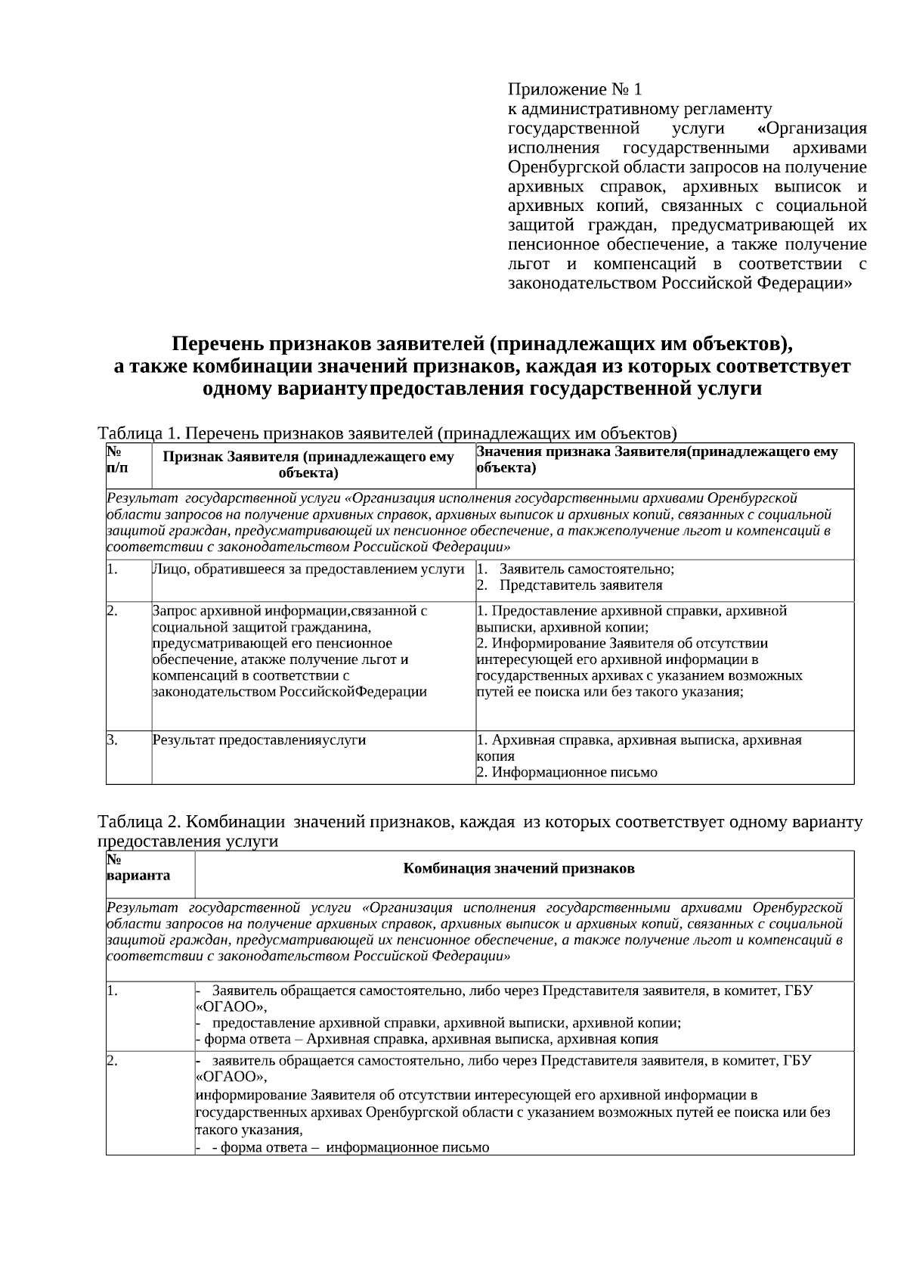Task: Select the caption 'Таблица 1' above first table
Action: pos(139,433)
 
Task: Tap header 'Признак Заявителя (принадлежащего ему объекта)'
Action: pos(308,465)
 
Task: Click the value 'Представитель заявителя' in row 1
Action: pos(580,585)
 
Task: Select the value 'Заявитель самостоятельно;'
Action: pos(587,569)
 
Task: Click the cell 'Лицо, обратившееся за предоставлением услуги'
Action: pos(308,569)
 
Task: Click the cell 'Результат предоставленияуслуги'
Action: pos(259,740)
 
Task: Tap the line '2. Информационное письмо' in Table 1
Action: pos(567,773)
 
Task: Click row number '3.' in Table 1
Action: pos(112,740)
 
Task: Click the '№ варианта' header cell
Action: pos(138,868)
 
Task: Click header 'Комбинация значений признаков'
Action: pos(519,868)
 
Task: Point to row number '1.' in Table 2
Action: pos(112,990)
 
